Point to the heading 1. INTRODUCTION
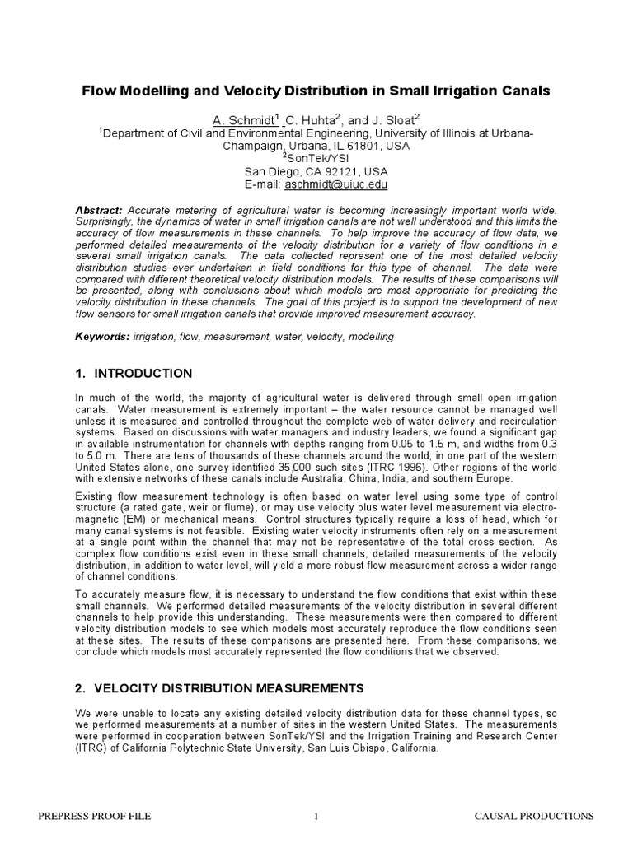pyautogui.click(x=134, y=374)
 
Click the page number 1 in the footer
pyautogui.click(x=316, y=816)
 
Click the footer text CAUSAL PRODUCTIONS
pyautogui.click(x=534, y=816)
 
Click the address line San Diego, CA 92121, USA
pyautogui.click(x=316, y=172)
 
